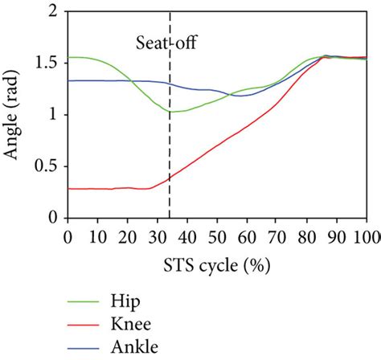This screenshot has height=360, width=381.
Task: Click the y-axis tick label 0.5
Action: coord(46,166)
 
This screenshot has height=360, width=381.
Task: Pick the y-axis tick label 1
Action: coord(52,115)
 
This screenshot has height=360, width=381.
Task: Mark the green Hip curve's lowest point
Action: coord(173,112)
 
